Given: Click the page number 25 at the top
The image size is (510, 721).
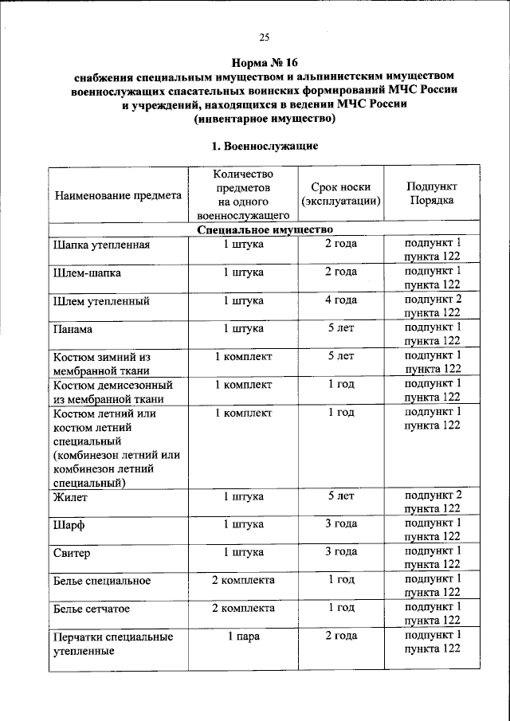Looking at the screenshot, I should (264, 37).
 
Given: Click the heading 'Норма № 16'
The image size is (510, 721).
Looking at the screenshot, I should (264, 61).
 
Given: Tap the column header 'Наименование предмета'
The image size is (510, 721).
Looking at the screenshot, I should (117, 195).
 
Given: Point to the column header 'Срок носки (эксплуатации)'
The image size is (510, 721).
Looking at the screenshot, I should (340, 194).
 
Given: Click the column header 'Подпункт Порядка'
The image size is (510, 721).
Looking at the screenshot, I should (432, 194).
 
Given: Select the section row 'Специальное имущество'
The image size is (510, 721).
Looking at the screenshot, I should (264, 229).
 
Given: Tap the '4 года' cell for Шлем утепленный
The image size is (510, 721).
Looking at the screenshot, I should (341, 300).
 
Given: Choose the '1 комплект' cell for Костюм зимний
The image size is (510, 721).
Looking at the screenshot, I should (243, 356).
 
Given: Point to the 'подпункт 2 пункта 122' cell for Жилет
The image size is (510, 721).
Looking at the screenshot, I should (432, 502).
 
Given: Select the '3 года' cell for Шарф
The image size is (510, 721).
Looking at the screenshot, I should (341, 524).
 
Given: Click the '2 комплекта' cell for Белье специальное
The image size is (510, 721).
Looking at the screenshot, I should (243, 579).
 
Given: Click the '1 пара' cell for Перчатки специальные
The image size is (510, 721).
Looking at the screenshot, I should (243, 636).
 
